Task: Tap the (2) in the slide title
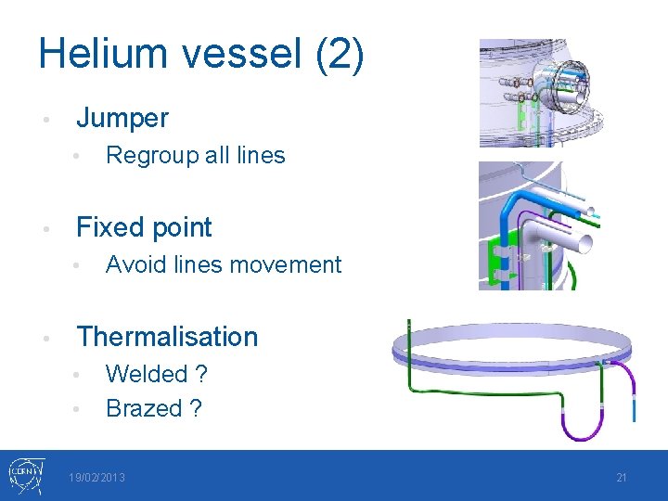click(339, 55)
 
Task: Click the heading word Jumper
click(122, 118)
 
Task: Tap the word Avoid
click(135, 264)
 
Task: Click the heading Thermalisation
click(167, 337)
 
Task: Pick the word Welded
click(147, 374)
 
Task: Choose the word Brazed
click(145, 408)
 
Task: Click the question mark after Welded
click(201, 374)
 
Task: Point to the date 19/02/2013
click(96, 478)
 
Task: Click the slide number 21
click(622, 478)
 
